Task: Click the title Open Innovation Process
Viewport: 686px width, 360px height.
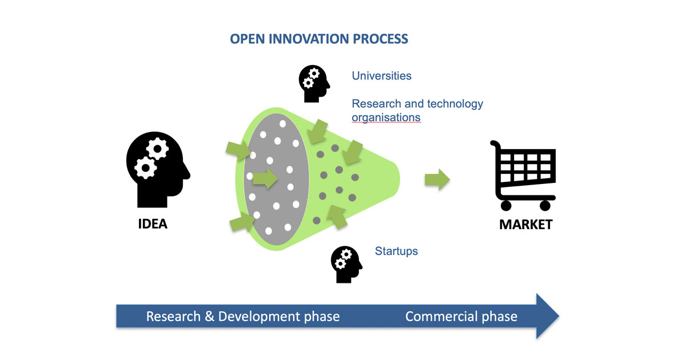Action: point(318,39)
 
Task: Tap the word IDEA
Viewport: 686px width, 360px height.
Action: point(153,223)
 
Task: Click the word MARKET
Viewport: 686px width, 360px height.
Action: point(526,224)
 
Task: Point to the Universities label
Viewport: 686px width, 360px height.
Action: point(381,75)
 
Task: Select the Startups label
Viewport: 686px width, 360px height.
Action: point(396,251)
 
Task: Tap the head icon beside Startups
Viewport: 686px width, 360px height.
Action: point(346,264)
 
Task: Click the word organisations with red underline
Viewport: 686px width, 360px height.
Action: point(386,118)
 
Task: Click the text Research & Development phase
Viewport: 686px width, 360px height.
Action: point(243,316)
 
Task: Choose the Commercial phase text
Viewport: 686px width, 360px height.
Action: point(461,316)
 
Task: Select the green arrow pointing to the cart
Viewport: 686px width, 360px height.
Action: point(437,179)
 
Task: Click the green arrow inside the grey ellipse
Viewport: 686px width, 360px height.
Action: point(265,179)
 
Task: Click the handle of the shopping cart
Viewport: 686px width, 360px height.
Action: point(494,145)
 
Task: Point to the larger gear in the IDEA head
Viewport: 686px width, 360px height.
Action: point(155,150)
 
